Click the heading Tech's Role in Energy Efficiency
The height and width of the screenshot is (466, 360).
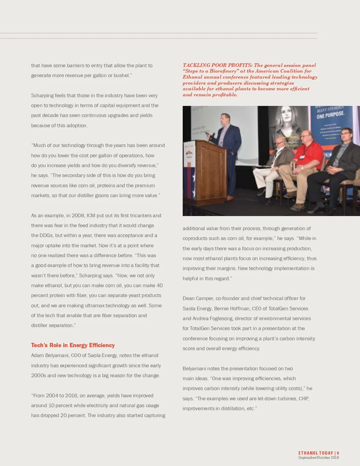point(73,345)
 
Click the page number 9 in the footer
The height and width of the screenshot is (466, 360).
point(338,453)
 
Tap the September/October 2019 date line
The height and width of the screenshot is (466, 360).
point(319,458)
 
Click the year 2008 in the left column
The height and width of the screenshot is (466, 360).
point(78,215)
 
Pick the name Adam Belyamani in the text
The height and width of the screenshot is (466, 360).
point(50,355)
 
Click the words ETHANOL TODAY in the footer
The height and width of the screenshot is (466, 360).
point(316,453)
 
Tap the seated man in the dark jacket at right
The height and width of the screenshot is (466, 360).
point(342,162)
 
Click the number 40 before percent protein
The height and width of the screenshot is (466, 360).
point(160,285)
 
